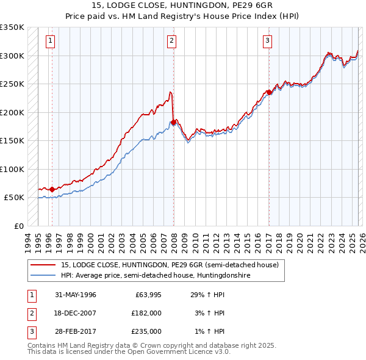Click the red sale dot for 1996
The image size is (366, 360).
pos(52,189)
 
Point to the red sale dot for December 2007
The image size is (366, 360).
pos(173,123)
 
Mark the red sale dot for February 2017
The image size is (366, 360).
pos(269,93)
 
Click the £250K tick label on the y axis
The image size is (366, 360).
pos(12,84)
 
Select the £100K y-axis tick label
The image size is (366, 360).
pos(12,169)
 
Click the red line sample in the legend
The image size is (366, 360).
pos(43,265)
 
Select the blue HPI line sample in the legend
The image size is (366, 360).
pos(43,275)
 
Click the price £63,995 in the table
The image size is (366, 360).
pos(146,295)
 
